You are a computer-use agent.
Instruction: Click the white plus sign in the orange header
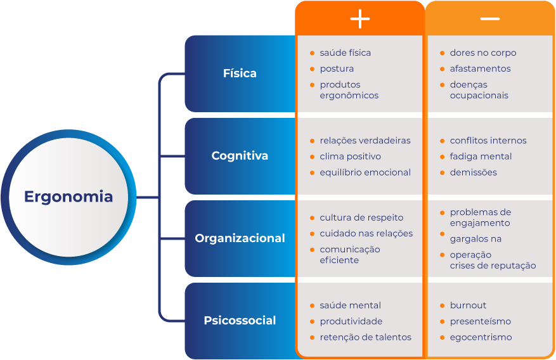click(x=359, y=19)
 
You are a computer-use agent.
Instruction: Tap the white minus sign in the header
click(x=489, y=19)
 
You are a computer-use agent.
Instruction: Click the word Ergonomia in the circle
click(x=68, y=196)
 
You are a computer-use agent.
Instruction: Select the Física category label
click(x=240, y=74)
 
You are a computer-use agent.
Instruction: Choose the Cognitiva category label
click(x=240, y=156)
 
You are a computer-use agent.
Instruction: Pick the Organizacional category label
click(x=240, y=238)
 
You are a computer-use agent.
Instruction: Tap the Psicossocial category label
click(x=240, y=321)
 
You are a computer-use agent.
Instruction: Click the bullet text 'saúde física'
click(x=345, y=53)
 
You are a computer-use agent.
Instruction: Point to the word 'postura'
click(x=337, y=68)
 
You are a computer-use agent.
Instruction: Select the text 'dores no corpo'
click(x=482, y=53)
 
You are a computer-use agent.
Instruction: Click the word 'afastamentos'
click(x=480, y=68)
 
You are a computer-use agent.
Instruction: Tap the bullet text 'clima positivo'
click(x=350, y=157)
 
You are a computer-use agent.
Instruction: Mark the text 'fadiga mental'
click(x=481, y=157)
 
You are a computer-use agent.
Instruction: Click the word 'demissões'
click(x=473, y=172)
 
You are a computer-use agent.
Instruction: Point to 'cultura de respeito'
click(x=361, y=217)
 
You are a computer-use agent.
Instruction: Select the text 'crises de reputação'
click(x=493, y=266)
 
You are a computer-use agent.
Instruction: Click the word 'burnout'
click(x=468, y=305)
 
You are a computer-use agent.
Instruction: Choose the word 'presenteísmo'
click(x=480, y=321)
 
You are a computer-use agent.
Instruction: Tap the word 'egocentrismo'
click(x=481, y=337)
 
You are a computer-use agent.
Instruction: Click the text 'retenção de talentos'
click(x=365, y=337)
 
